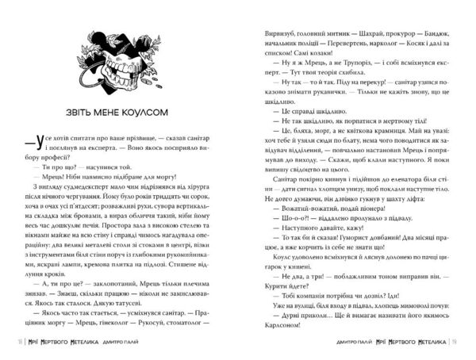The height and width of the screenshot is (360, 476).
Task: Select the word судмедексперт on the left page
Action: coord(106,188)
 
